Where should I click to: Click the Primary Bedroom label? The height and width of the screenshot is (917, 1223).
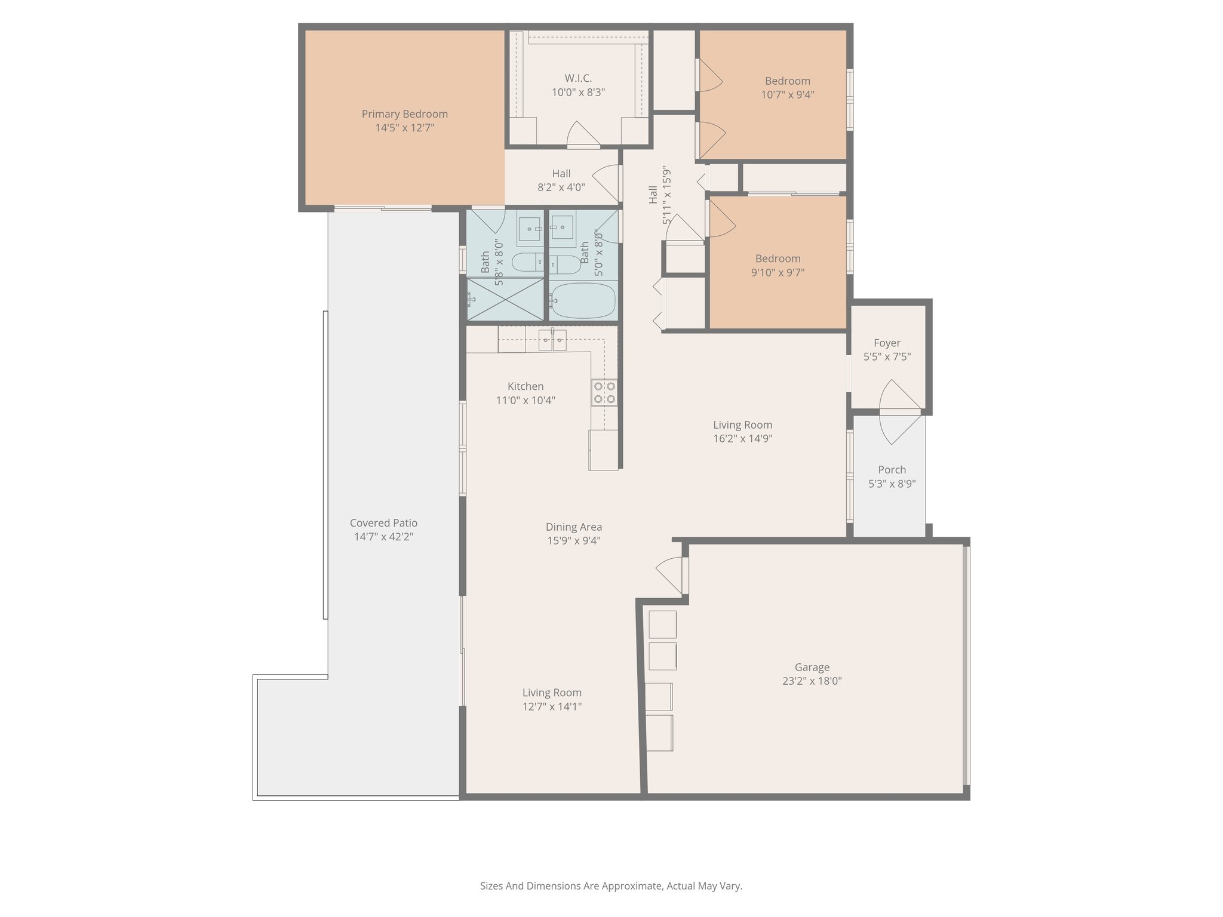pos(404,114)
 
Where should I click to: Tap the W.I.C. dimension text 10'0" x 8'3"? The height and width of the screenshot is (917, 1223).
pos(578,93)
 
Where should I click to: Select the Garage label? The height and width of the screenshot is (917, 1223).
pos(812,667)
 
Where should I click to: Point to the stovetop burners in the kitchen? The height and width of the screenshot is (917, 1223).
pos(604,392)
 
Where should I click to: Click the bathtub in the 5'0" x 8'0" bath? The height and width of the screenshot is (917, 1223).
pos(582,301)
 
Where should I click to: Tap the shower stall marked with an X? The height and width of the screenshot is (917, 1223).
pos(505,299)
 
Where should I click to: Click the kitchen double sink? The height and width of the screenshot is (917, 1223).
pos(552,340)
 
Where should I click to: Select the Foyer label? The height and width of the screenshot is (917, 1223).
pos(887,343)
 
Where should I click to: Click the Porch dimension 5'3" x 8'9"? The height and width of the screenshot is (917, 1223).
pos(892,484)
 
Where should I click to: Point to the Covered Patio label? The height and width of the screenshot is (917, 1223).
pos(383,523)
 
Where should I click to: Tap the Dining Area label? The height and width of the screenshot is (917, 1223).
pos(573,527)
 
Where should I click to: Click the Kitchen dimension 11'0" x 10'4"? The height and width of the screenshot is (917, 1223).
pos(526,400)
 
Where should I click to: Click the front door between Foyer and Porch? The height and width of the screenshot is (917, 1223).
pos(900,411)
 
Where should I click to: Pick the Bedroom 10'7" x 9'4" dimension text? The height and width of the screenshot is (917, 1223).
pos(787,94)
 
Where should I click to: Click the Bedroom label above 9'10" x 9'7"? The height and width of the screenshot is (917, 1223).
pos(778,259)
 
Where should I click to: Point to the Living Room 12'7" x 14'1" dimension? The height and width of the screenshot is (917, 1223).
pos(552,707)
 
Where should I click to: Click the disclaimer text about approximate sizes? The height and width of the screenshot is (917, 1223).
pos(611,886)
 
